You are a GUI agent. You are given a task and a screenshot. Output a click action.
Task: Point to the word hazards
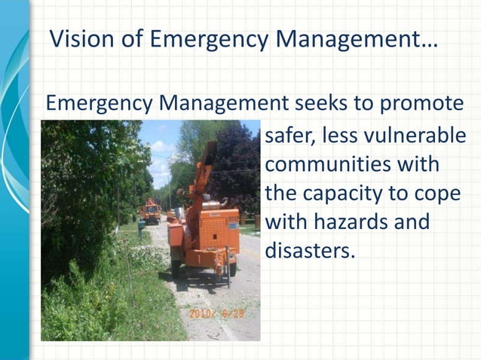click(x=361, y=221)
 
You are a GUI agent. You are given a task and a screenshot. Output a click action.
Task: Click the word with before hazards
click(x=290, y=221)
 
